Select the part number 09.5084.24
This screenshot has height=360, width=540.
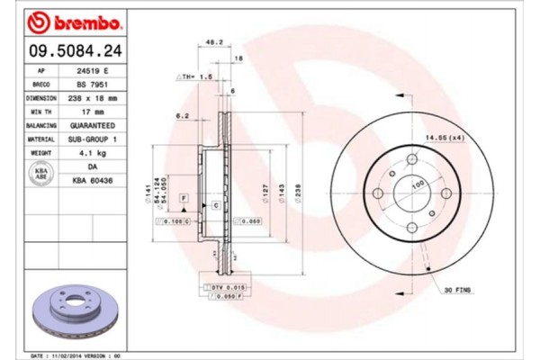70,50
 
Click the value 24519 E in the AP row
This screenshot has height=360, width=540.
94,69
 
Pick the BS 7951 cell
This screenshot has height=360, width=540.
93,83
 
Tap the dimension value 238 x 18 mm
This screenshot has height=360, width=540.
94,97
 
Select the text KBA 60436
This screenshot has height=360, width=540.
94,181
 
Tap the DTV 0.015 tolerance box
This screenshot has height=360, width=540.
227,285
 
